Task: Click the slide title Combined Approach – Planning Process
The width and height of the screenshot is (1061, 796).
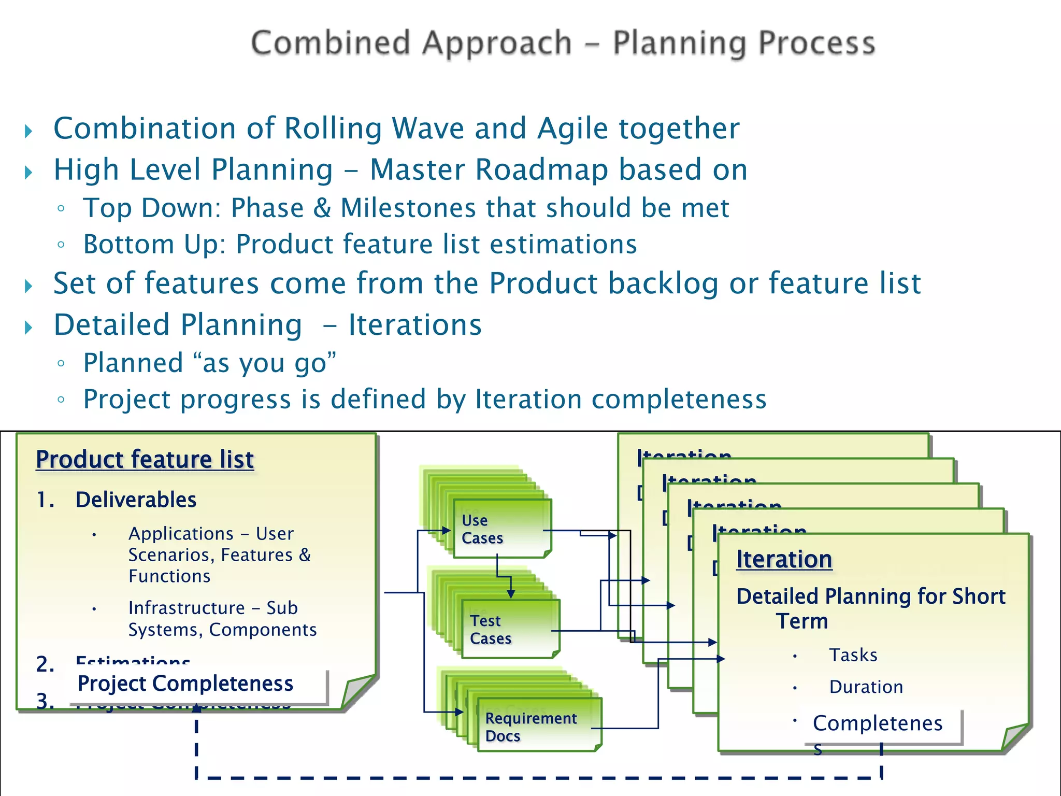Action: click(x=563, y=43)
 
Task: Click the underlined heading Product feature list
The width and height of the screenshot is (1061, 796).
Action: click(x=145, y=460)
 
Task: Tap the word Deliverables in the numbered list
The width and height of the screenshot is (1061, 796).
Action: click(x=136, y=500)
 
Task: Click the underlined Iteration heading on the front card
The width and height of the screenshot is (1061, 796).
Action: click(x=784, y=560)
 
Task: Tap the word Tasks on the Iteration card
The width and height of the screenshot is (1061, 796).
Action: click(x=853, y=656)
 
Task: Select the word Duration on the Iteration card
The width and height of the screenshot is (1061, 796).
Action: click(x=866, y=687)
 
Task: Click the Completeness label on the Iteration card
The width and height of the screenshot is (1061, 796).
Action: click(x=878, y=724)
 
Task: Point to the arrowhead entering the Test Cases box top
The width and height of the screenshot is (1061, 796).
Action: click(x=511, y=594)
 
